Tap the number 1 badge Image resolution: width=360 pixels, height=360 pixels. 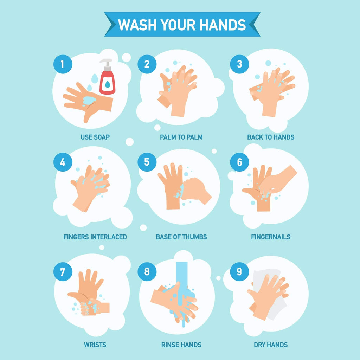(x=63, y=64)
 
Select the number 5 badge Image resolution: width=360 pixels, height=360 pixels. (x=147, y=162)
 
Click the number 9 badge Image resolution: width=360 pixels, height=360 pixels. (x=239, y=272)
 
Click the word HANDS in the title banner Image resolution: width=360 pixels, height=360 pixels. (x=223, y=25)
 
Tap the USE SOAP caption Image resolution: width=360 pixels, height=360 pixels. (x=95, y=137)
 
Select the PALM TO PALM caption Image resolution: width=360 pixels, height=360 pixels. (x=181, y=137)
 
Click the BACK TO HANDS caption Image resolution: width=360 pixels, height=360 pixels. (x=271, y=137)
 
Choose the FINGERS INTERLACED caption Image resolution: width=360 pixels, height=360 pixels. (x=95, y=237)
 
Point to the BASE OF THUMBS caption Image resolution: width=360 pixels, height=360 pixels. (x=181, y=237)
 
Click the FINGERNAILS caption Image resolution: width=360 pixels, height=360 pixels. (x=271, y=237)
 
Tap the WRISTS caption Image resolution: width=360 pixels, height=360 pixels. (x=95, y=345)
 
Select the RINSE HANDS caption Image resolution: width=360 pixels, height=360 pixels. (x=181, y=345)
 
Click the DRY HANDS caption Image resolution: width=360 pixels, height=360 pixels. (x=271, y=345)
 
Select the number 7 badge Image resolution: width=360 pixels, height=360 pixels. (x=63, y=272)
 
